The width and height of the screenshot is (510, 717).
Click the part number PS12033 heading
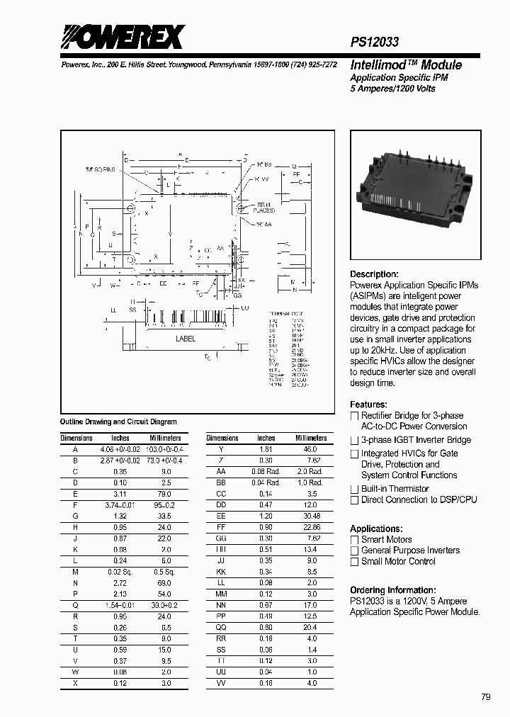(x=375, y=43)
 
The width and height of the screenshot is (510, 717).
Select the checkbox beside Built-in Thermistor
(x=355, y=489)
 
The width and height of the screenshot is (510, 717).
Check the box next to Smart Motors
(x=355, y=540)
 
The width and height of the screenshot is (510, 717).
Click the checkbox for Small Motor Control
(x=355, y=562)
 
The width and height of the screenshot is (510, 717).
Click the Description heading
(x=374, y=274)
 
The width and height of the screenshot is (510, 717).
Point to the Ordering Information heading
(x=392, y=590)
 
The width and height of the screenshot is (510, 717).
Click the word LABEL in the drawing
(x=186, y=339)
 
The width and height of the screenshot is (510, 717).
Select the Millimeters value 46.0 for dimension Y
(x=310, y=450)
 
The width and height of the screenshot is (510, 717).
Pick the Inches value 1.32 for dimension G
(x=120, y=516)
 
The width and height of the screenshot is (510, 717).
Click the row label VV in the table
(x=221, y=684)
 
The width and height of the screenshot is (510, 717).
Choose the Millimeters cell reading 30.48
(x=310, y=516)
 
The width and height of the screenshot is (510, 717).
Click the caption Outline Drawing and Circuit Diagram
(x=118, y=422)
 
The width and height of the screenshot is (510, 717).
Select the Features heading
(x=368, y=405)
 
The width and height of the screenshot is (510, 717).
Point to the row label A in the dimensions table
(x=76, y=450)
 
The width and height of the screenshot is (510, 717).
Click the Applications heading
(x=376, y=529)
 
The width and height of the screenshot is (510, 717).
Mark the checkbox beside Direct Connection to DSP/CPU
(x=355, y=500)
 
